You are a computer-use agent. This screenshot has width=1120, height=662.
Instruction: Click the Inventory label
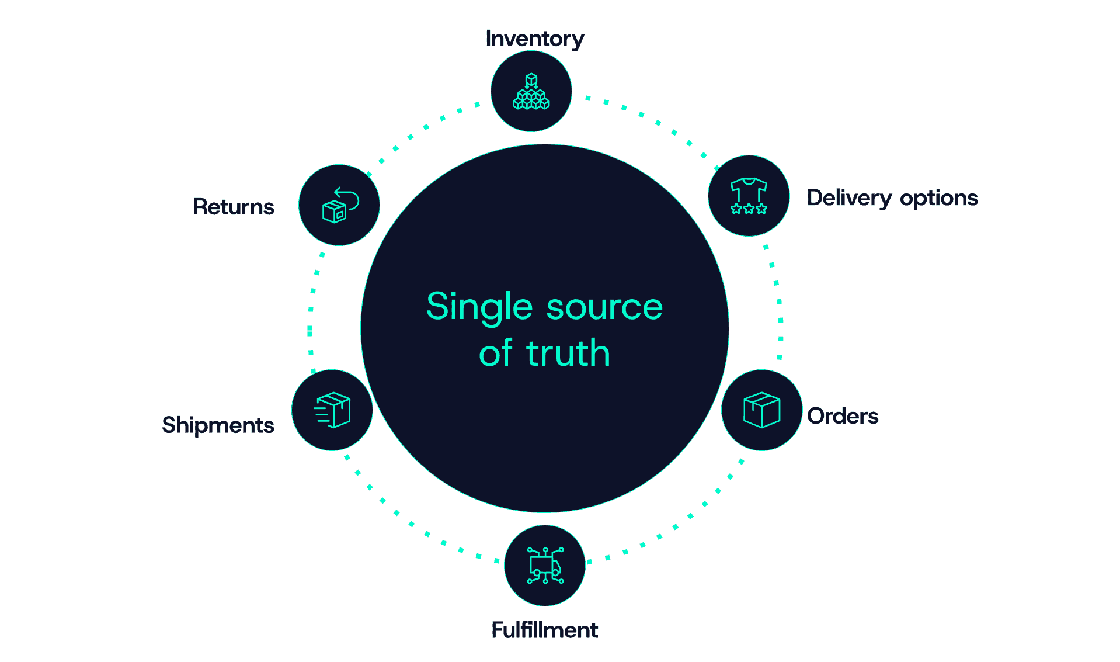(534, 39)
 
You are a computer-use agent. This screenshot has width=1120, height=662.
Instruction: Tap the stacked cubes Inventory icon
(531, 92)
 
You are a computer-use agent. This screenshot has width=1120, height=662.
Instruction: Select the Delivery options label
(892, 198)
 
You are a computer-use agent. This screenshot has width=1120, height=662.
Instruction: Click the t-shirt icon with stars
(749, 196)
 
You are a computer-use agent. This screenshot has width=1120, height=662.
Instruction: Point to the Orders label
(842, 416)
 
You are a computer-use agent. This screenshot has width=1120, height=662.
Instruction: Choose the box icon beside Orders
(761, 410)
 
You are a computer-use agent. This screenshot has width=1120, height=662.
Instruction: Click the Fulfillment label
(544, 630)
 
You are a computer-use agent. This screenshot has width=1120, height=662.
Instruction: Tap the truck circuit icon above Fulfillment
(545, 565)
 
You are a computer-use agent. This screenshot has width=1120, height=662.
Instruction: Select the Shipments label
(218, 425)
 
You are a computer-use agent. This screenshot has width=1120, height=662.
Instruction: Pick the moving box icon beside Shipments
(332, 410)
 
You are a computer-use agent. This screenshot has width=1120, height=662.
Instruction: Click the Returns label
(233, 207)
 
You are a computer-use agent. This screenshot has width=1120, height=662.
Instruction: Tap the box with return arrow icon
(339, 205)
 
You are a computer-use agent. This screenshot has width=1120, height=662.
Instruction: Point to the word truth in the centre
(568, 353)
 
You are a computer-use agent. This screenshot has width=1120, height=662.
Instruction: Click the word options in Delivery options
(938, 199)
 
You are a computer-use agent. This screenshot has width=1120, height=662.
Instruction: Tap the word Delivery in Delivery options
(849, 198)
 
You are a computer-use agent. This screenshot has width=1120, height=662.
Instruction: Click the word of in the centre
(495, 353)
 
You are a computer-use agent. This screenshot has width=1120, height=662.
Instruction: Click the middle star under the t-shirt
(749, 209)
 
